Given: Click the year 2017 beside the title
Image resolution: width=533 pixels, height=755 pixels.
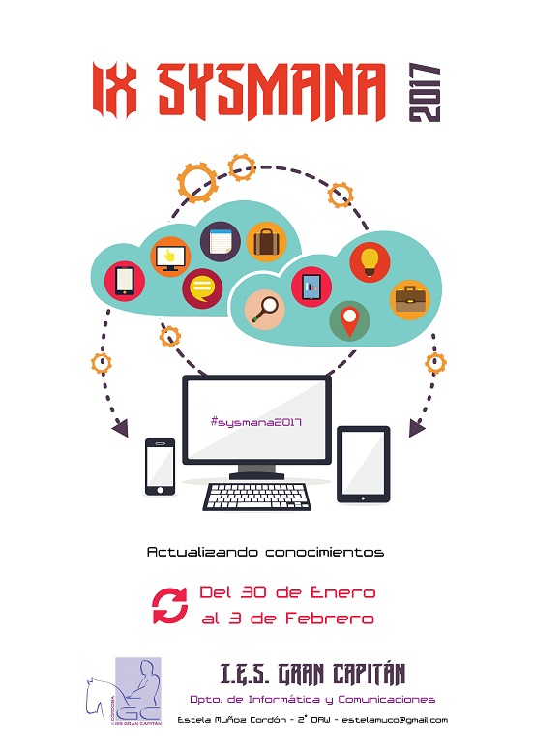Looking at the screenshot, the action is pyautogui.click(x=425, y=93).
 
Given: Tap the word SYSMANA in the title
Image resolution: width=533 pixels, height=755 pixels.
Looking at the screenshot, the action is pyautogui.click(x=272, y=92).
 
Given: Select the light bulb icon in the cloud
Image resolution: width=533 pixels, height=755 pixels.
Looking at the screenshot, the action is pyautogui.click(x=370, y=262).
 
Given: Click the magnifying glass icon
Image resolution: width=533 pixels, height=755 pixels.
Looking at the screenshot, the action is pyautogui.click(x=265, y=310).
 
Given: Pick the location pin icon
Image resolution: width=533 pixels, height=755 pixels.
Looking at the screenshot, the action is pyautogui.click(x=350, y=320).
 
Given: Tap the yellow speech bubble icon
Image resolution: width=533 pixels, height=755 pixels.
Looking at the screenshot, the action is pyautogui.click(x=202, y=287).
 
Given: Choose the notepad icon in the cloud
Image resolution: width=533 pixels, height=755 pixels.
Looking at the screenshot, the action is pyautogui.click(x=221, y=241).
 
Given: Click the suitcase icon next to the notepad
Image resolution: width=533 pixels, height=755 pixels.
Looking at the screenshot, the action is pyautogui.click(x=267, y=242).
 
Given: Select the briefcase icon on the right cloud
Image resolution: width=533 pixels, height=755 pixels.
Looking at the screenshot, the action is pyautogui.click(x=410, y=299).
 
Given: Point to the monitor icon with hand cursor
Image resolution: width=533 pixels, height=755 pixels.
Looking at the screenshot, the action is pyautogui.click(x=170, y=257).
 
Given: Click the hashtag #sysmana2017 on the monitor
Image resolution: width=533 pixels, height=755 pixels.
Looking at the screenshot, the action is pyautogui.click(x=256, y=422).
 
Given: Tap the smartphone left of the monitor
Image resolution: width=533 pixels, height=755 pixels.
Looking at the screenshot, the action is pyautogui.click(x=161, y=467).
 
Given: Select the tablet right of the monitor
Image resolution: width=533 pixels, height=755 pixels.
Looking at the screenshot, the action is pyautogui.click(x=363, y=465).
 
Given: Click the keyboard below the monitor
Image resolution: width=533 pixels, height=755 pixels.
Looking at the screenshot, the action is pyautogui.click(x=257, y=497).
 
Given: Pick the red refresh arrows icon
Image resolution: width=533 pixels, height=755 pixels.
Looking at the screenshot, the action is pyautogui.click(x=170, y=606).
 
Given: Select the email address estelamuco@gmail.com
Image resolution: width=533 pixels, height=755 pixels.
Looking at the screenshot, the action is pyautogui.click(x=395, y=720).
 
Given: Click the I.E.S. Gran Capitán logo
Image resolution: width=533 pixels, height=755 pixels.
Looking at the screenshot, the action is pyautogui.click(x=124, y=692).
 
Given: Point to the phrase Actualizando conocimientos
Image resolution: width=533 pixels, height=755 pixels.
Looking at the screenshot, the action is pyautogui.click(x=266, y=552).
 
